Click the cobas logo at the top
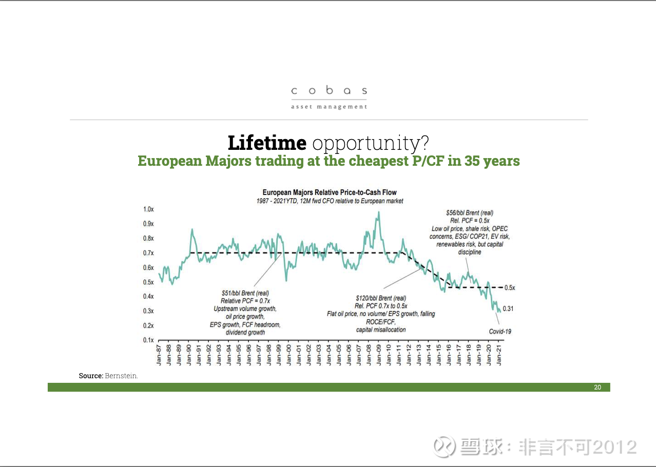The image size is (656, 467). pyautogui.click(x=329, y=96)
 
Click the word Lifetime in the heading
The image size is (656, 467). pyautogui.click(x=267, y=143)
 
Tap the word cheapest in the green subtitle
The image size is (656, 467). pyautogui.click(x=379, y=161)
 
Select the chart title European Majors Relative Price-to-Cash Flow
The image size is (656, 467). pyautogui.click(x=330, y=192)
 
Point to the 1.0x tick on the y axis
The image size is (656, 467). pyautogui.click(x=148, y=209)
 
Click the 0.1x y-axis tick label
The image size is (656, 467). pyautogui.click(x=148, y=340)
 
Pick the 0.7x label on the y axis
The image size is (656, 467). pyautogui.click(x=148, y=253)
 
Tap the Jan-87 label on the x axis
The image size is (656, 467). pyautogui.click(x=160, y=354)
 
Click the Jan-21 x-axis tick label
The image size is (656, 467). pyautogui.click(x=499, y=354)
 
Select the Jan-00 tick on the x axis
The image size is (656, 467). pyautogui.click(x=289, y=354)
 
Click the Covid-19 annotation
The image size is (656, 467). pyautogui.click(x=499, y=332)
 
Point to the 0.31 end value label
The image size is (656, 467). pyautogui.click(x=508, y=308)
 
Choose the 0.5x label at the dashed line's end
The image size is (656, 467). pyautogui.click(x=509, y=287)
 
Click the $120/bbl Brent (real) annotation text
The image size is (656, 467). pyautogui.click(x=381, y=298)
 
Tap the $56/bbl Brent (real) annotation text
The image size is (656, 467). pyautogui.click(x=469, y=212)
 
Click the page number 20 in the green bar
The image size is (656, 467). pyautogui.click(x=597, y=387)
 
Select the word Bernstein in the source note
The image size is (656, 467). pyautogui.click(x=121, y=376)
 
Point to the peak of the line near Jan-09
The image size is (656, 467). pyautogui.click(x=379, y=212)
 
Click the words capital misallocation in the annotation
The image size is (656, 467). pyautogui.click(x=381, y=329)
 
